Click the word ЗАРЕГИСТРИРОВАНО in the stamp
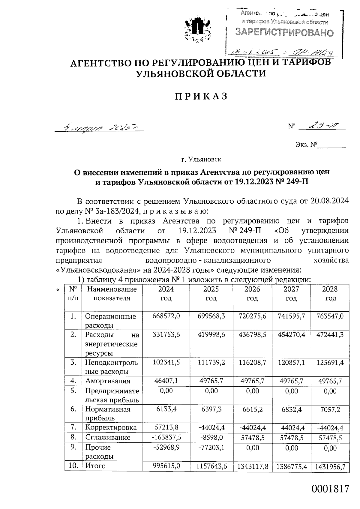[x=284, y=32]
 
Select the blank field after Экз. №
[x=331, y=145]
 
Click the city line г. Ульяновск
[x=201, y=159]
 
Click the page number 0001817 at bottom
[x=331, y=489]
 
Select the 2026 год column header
[x=252, y=294]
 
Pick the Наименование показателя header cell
[x=112, y=294]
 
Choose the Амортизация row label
[x=108, y=381]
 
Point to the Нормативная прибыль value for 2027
[x=291, y=409]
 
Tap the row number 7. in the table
[x=73, y=427]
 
